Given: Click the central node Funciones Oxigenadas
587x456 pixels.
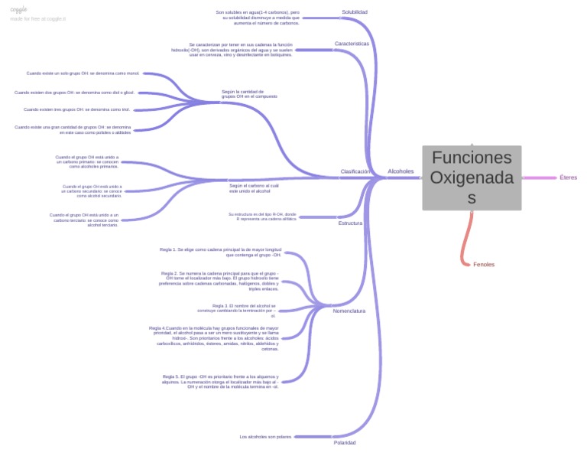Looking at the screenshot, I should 472,178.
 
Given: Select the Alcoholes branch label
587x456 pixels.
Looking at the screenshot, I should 401,171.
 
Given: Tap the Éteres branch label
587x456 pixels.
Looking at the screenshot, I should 568,178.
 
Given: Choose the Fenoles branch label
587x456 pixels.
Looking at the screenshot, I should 484,265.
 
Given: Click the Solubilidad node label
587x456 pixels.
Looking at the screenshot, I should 355,12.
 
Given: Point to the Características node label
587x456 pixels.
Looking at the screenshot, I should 352,44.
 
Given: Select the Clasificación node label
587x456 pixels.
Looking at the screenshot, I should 355,171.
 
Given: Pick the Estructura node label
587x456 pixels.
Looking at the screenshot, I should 350,223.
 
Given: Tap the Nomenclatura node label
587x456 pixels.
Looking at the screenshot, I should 349,311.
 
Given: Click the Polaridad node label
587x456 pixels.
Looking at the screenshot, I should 345,442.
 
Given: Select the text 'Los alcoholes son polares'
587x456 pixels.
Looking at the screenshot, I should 265,437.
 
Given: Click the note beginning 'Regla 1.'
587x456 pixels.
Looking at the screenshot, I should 221,252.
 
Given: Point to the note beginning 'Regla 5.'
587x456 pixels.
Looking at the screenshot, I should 220,381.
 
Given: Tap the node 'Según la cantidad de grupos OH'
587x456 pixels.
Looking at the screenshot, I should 249,94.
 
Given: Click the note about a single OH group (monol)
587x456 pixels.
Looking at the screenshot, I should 83,73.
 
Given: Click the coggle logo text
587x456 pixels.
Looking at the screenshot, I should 18,9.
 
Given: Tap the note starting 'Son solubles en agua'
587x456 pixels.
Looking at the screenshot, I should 258,18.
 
